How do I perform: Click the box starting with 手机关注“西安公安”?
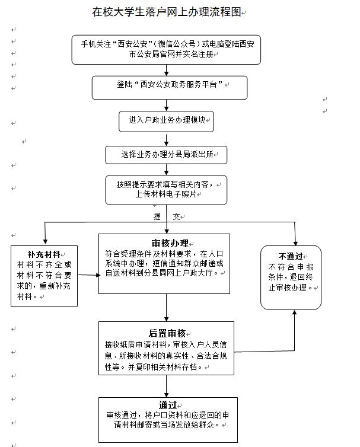(167, 49)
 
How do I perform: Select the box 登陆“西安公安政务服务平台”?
(166, 86)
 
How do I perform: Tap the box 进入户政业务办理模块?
(166, 120)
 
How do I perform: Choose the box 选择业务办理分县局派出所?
(167, 154)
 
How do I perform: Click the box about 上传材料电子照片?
(167, 189)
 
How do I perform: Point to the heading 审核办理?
(170, 244)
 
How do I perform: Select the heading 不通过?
(291, 256)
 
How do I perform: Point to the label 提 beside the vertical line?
(157, 217)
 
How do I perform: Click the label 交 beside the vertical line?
(176, 217)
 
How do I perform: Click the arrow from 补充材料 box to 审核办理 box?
(88, 274)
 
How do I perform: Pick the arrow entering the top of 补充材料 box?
(45, 234)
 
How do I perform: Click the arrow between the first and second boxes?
(167, 69)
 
